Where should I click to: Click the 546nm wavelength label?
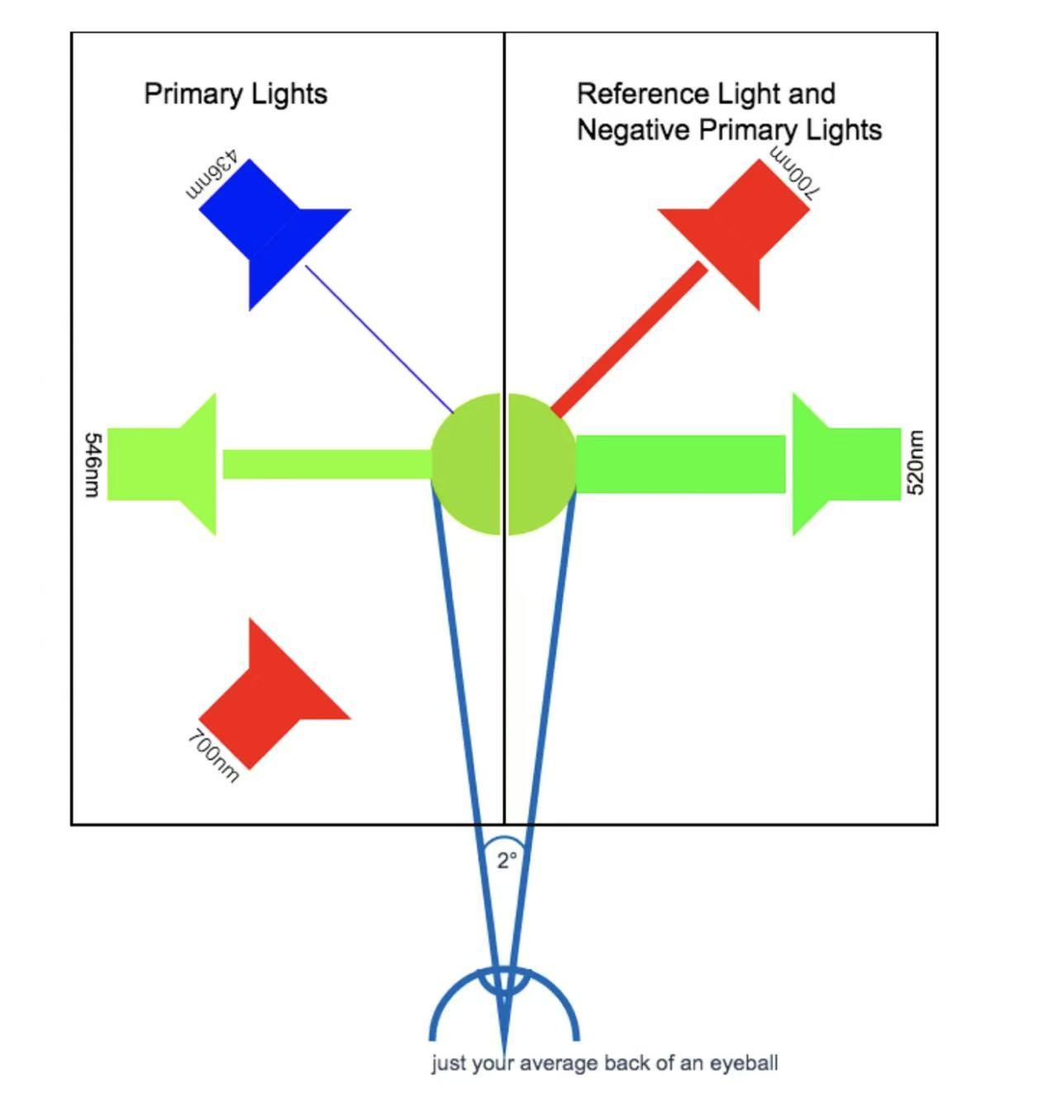93,465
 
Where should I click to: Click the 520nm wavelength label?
915,463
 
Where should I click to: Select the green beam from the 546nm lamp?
326,465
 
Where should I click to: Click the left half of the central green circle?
467,465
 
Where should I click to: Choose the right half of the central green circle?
540,465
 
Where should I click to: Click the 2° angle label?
506,860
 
